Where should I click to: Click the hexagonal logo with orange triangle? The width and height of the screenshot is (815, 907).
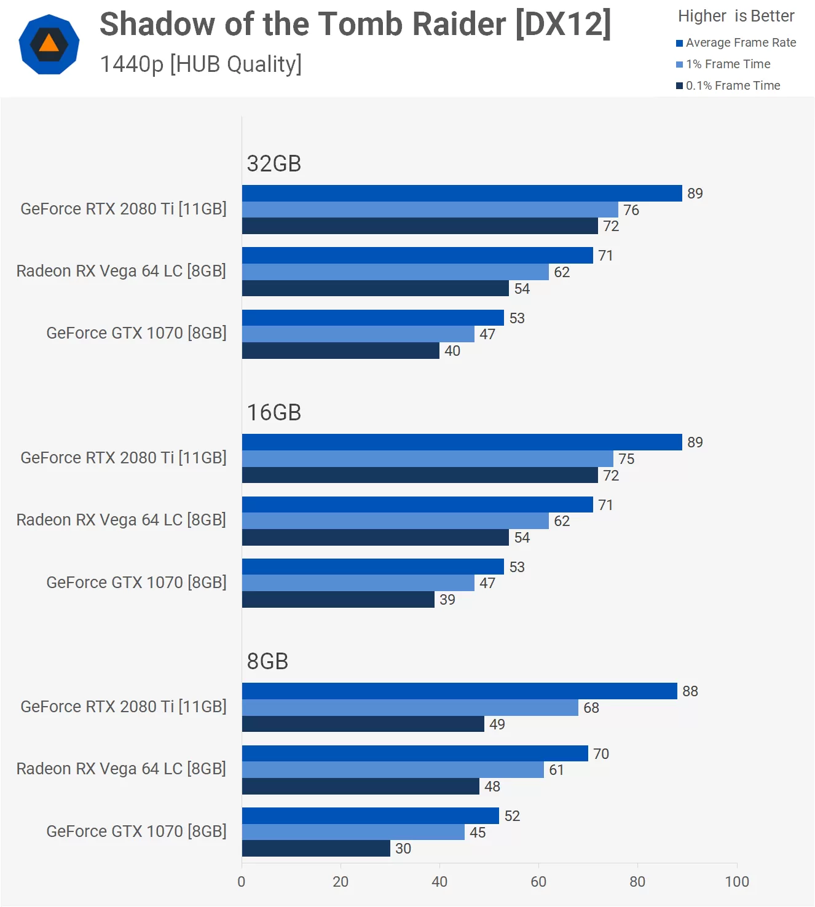coord(49,45)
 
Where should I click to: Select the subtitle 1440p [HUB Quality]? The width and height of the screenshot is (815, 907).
coord(200,65)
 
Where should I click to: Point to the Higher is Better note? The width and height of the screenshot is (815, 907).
coord(736,16)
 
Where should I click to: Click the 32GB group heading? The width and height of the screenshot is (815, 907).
coord(274,163)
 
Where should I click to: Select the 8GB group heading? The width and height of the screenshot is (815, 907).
coord(267,661)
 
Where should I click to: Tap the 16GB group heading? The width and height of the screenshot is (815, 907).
coord(274,412)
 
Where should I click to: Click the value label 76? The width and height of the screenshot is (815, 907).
coord(631,210)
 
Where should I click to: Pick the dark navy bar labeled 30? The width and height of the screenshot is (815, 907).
coord(316,849)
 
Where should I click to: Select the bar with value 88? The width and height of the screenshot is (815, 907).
coord(459,691)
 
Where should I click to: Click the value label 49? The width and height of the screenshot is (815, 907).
coord(497,724)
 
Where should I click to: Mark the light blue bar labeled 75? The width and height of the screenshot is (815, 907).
coord(427,459)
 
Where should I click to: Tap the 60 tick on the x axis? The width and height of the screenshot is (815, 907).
coord(538,882)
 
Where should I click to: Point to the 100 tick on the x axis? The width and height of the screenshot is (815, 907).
coord(736,882)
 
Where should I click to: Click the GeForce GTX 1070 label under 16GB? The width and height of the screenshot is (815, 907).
coord(136,583)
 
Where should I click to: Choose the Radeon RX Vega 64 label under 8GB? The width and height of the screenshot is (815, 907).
coord(121,769)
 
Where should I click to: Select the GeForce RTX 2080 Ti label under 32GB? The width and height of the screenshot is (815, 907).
coord(124,209)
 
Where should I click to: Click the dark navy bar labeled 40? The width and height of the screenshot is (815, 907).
coord(341,351)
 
